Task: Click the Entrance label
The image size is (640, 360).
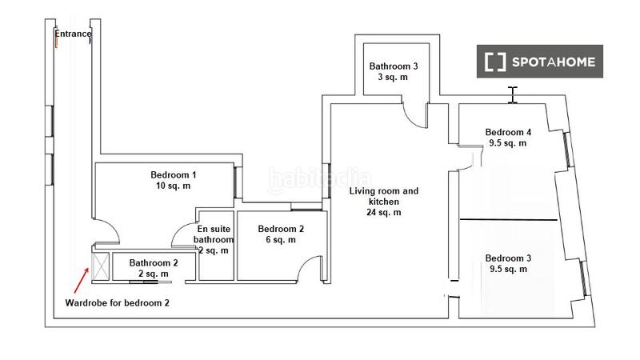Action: click(73, 34)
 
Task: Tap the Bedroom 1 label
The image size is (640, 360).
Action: click(174, 174)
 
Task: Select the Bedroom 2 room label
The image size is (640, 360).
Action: click(281, 228)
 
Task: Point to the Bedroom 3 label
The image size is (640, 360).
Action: click(507, 258)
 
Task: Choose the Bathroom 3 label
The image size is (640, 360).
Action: click(393, 66)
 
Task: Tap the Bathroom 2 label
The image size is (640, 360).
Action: click(154, 262)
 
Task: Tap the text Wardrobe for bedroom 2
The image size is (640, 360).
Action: click(117, 303)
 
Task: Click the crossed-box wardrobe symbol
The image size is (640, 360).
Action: click(100, 266)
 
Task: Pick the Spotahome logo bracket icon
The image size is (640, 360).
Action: click(496, 62)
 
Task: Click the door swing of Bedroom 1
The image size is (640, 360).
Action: click(109, 233)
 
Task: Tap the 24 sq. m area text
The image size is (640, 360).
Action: click(383, 213)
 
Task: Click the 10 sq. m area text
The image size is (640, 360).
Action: click(174, 186)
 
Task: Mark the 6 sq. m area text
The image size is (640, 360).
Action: click(281, 239)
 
